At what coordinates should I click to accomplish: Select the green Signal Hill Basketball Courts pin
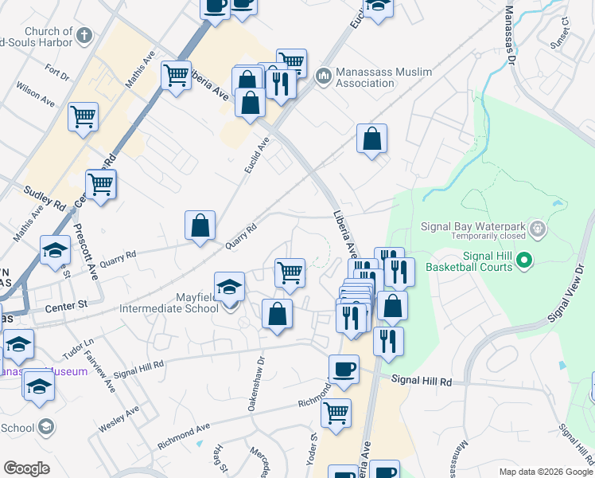[x=524, y=260]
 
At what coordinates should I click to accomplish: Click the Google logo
[x=26, y=468]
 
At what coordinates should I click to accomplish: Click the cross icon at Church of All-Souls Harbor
[x=85, y=34]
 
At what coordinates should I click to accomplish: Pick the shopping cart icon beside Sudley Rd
[x=100, y=184]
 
